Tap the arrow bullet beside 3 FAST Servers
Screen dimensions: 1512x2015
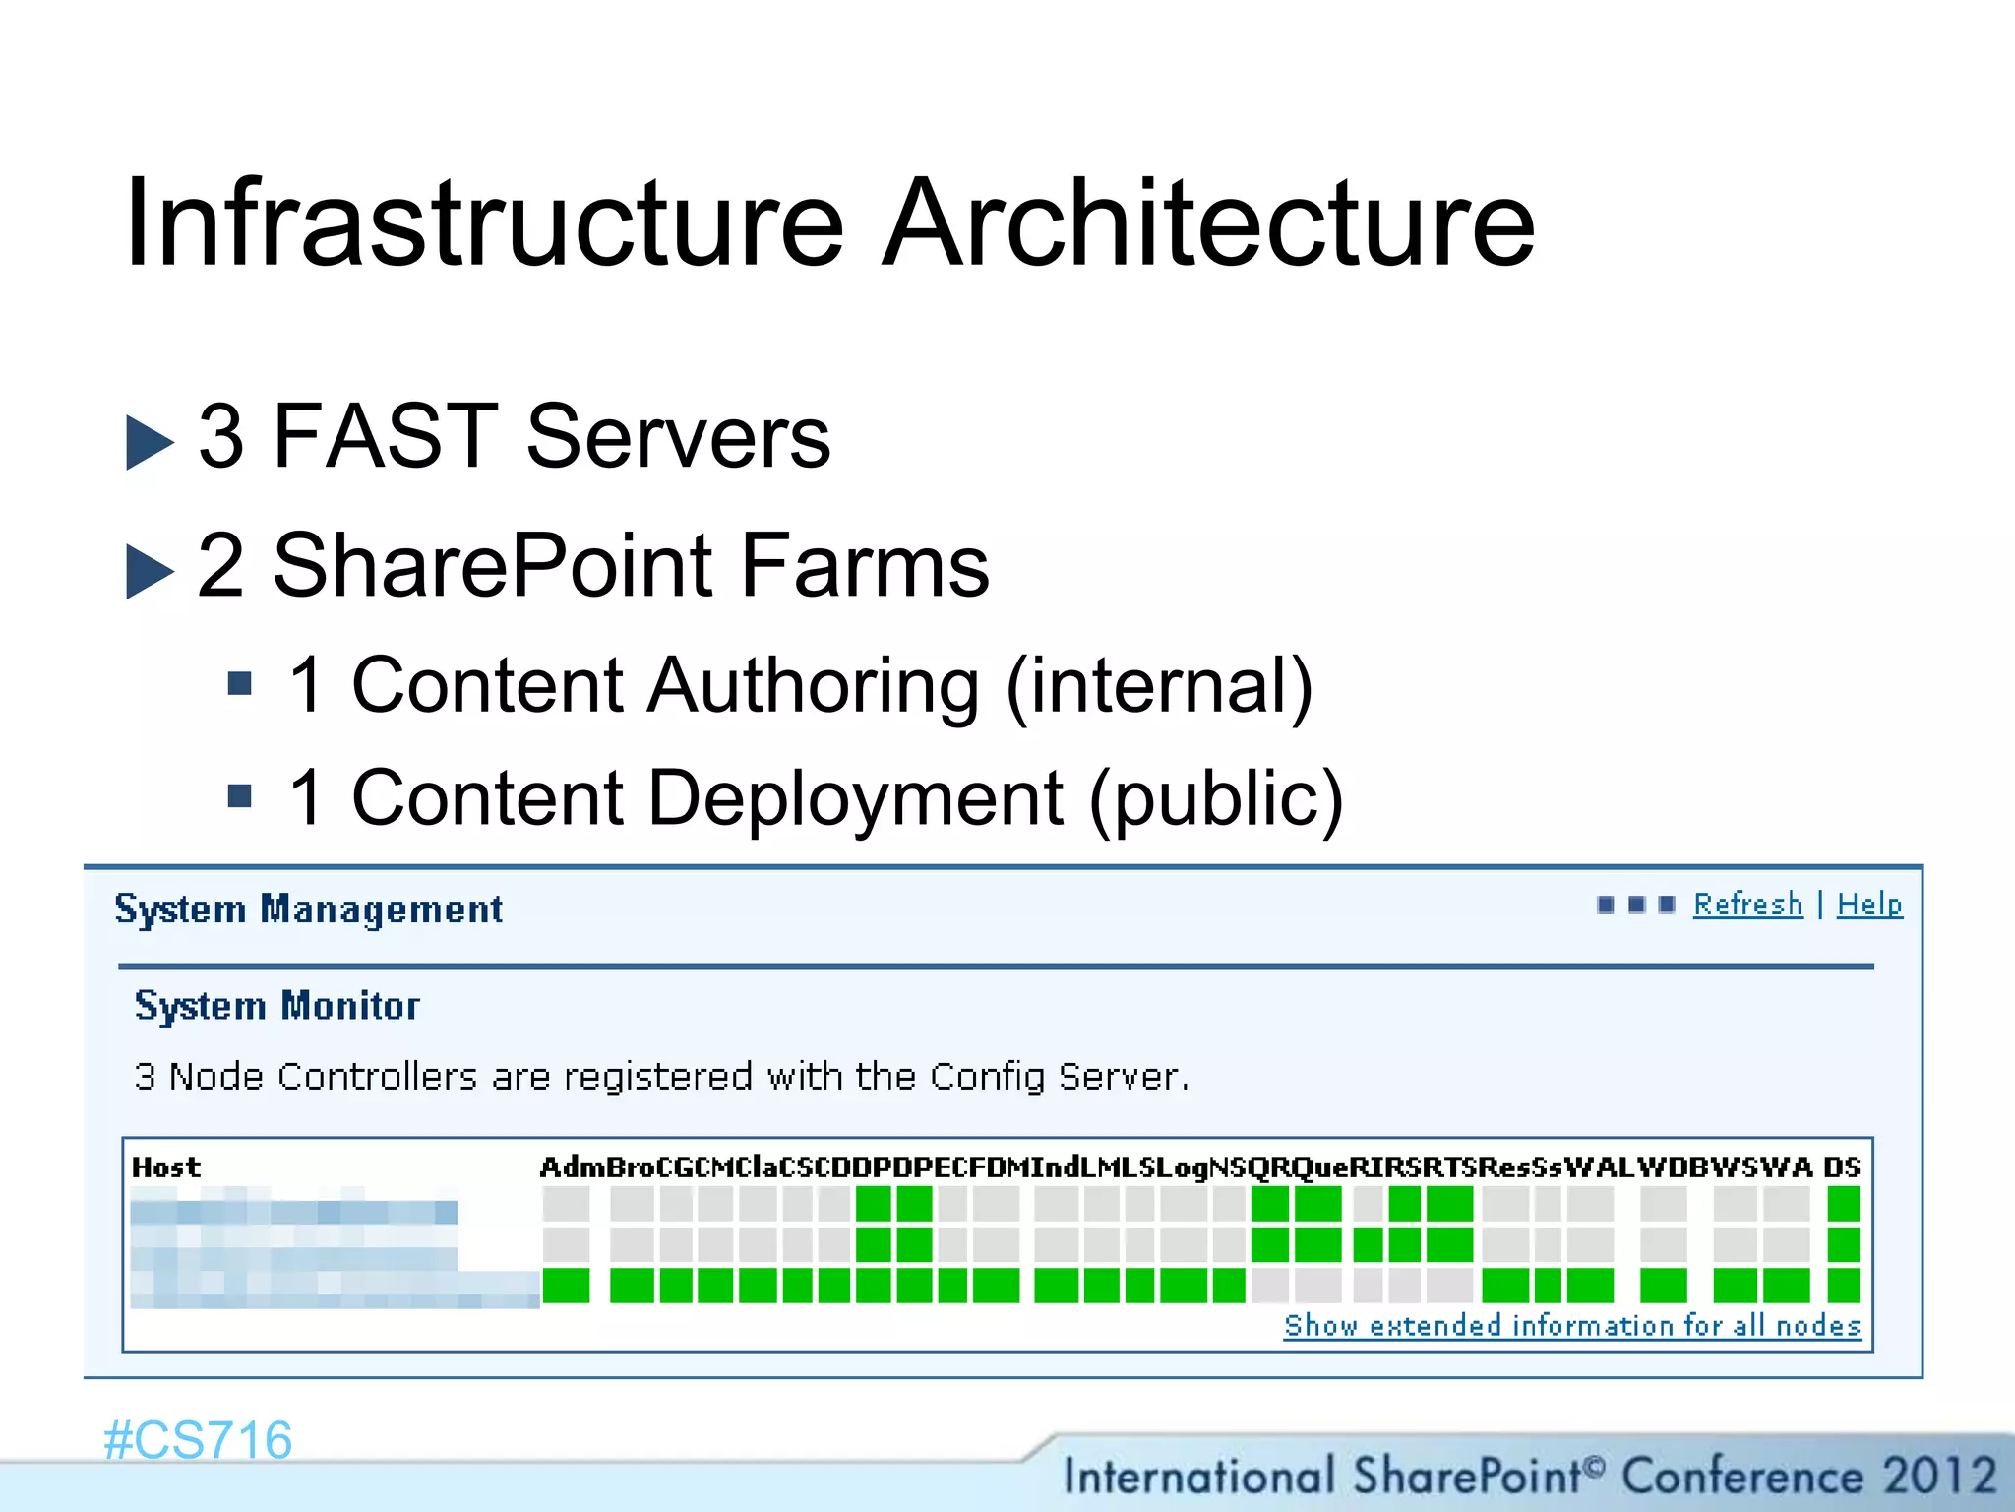point(150,442)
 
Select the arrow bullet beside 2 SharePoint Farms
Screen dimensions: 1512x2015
point(150,571)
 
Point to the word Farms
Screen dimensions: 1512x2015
point(865,566)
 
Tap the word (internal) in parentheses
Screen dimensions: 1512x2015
point(1159,687)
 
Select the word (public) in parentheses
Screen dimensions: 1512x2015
point(1216,799)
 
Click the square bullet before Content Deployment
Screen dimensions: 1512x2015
point(239,794)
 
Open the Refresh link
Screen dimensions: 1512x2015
point(1747,904)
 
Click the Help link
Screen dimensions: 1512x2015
point(1869,904)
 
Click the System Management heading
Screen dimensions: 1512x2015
point(309,910)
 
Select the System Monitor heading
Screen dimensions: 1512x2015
point(277,1006)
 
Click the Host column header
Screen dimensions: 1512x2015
point(166,1167)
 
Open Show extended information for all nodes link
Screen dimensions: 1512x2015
point(1571,1326)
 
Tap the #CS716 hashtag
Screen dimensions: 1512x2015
point(198,1440)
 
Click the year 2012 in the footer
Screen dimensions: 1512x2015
point(1939,1476)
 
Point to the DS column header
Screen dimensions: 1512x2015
point(1842,1167)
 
